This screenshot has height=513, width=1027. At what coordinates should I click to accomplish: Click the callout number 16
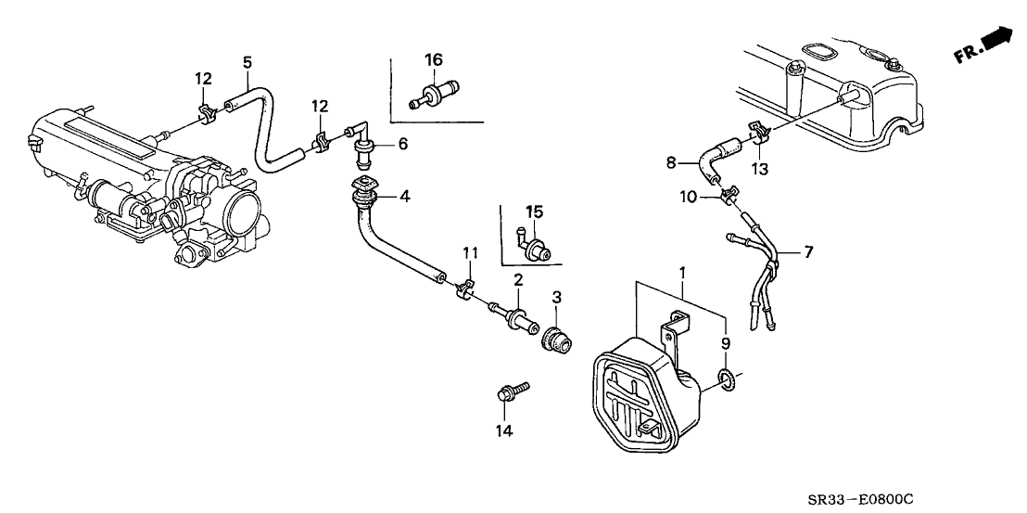[x=433, y=60]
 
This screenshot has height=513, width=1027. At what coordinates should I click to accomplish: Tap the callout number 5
[x=247, y=62]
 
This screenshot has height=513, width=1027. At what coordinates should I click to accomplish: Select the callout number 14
[x=503, y=430]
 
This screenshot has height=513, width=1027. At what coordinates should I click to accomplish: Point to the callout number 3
[x=556, y=297]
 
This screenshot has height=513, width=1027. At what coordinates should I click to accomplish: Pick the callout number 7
[x=807, y=251]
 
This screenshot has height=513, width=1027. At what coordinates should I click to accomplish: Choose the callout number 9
[x=726, y=342]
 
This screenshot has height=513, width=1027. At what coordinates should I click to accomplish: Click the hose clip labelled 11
[x=466, y=291]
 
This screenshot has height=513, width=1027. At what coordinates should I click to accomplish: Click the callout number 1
[x=683, y=274]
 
